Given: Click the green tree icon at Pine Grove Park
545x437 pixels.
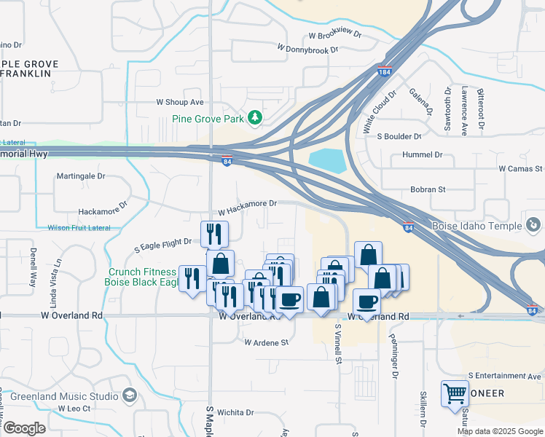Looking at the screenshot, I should [254, 117].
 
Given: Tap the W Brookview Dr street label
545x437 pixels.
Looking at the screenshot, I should [335, 35].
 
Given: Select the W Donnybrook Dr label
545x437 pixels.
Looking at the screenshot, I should [307, 49].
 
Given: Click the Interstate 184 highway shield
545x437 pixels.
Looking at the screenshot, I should [385, 71].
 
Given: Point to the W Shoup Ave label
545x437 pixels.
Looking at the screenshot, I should [179, 103].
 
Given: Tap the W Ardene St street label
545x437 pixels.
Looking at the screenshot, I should [267, 342].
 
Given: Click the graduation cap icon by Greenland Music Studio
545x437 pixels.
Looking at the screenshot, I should [130, 396].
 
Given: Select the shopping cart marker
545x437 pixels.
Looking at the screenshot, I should [455, 393].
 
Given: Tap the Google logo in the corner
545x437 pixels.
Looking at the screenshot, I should [24, 428].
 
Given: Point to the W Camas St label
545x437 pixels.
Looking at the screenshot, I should [520, 168].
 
